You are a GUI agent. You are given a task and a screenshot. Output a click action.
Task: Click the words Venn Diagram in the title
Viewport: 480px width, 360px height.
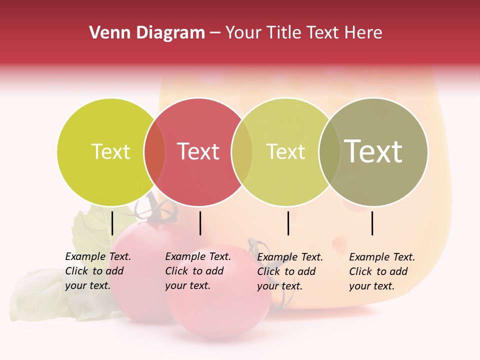pos(147,33)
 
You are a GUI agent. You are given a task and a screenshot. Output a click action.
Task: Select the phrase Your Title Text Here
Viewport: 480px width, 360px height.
pos(303,33)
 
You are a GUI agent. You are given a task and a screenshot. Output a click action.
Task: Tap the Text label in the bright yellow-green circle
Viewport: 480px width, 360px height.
pos(110,151)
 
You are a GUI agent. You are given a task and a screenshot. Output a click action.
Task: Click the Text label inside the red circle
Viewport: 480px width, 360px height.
pos(198,151)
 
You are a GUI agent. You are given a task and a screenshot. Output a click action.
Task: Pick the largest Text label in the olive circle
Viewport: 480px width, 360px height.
pos(373,151)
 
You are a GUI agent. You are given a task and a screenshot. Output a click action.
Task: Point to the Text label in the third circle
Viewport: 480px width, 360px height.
pos(286,151)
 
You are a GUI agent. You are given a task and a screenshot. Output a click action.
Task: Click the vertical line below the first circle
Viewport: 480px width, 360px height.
pos(112,223)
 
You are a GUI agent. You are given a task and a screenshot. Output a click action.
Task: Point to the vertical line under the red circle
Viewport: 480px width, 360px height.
pos(200,223)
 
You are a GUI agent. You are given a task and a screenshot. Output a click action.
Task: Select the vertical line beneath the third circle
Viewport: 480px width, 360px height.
pos(288,223)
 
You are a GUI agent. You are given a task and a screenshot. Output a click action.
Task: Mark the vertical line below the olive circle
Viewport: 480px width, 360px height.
pos(372,223)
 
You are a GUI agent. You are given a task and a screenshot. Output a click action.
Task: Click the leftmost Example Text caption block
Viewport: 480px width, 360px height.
pos(97,271)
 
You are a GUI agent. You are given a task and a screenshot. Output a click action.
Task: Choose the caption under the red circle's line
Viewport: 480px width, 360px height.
pos(197,271)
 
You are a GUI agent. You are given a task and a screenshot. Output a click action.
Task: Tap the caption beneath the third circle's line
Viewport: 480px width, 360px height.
pos(289,271)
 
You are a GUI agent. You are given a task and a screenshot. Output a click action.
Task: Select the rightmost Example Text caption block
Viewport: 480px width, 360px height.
pos(381,271)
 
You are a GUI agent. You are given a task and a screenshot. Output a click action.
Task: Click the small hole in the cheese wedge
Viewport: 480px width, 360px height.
pos(339,243)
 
